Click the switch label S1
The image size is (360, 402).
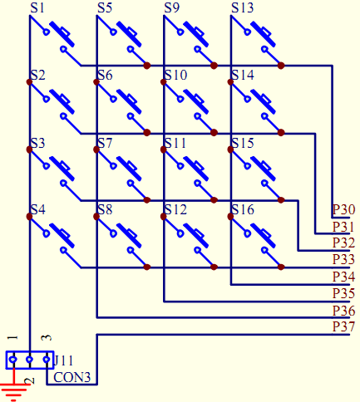click(37, 7)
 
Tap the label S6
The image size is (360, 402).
click(105, 75)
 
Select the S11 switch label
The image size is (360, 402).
click(175, 143)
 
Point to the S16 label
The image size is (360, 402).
click(243, 209)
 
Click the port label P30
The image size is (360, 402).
click(343, 209)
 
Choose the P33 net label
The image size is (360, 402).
click(343, 259)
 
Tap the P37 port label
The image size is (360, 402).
click(343, 326)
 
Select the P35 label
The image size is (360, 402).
click(343, 293)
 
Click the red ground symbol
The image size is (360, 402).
click(13, 388)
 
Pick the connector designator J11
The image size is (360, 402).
click(64, 360)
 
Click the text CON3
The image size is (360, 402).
click(72, 377)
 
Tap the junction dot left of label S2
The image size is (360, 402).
click(29, 82)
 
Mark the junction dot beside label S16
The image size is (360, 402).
click(230, 217)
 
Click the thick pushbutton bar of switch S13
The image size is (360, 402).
click(263, 34)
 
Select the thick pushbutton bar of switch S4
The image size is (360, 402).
click(62, 235)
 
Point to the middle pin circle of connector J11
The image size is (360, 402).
click(29, 360)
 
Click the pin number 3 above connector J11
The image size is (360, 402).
click(47, 338)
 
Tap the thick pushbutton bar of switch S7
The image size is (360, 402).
click(129, 169)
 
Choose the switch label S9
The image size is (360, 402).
click(172, 7)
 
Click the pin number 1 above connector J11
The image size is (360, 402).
click(13, 338)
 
